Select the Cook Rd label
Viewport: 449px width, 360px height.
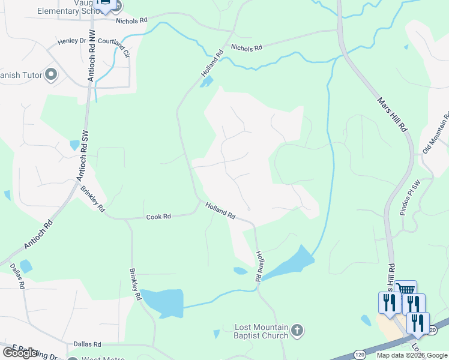coord(158,217)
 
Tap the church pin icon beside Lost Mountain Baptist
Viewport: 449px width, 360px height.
coord(298,330)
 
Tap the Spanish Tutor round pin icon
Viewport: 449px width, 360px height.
coord(51,75)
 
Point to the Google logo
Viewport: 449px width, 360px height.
coord(20,353)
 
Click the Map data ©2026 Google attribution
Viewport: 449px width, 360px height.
coord(412,355)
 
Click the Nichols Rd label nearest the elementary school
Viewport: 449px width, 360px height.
coord(132,20)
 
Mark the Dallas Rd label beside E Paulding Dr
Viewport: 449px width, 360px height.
coord(87,344)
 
